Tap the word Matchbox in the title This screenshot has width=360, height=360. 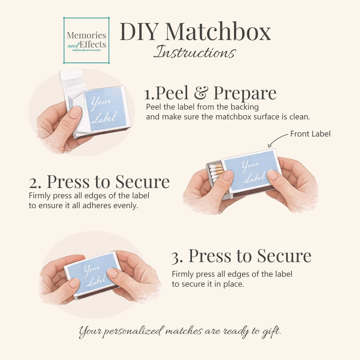click(x=218, y=31)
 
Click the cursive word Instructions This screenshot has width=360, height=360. click(x=195, y=52)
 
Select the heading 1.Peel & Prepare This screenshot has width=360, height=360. click(x=210, y=93)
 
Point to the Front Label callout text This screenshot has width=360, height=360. click(x=310, y=134)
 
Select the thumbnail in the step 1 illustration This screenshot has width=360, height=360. click(x=75, y=112)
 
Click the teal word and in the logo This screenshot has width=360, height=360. click(x=73, y=46)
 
